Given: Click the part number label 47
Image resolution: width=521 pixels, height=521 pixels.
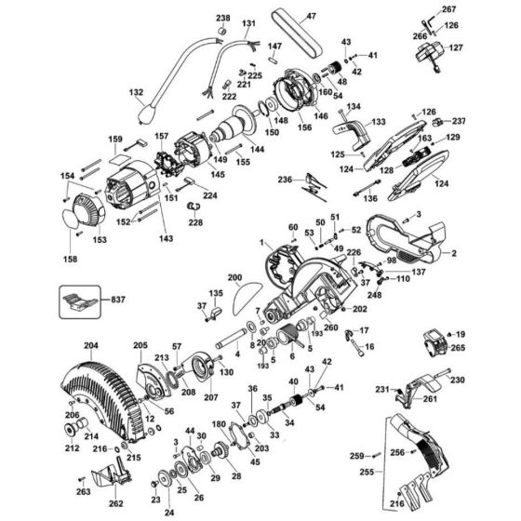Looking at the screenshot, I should pos(286,16).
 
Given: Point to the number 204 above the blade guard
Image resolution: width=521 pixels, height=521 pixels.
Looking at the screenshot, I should pos(90,345).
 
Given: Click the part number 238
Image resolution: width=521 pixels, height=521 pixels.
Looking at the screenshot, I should pos(222,19).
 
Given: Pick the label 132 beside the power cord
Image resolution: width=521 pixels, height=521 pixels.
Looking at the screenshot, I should pos(137,93).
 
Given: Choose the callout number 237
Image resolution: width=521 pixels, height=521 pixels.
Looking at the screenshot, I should pos(486,121).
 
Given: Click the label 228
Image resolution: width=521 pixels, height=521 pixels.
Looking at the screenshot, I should pos(194,222).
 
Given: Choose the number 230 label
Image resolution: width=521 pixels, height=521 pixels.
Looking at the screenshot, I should pos(459,380).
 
